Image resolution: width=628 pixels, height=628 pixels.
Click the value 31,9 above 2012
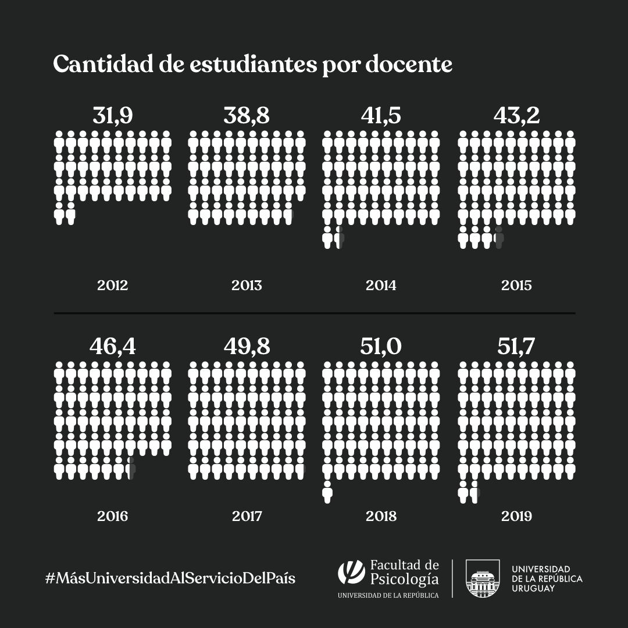tap(113, 115)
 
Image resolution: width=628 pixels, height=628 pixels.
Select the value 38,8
tap(247, 115)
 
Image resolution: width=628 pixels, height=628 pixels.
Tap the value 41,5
tap(381, 115)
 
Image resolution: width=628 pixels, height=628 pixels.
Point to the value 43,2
tap(516, 115)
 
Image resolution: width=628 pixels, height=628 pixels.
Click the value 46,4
tap(113, 346)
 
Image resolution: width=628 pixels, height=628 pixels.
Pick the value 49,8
tap(247, 346)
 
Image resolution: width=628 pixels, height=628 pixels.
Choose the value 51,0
tap(381, 346)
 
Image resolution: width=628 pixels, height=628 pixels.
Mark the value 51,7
tap(516, 346)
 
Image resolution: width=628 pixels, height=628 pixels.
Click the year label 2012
tap(113, 286)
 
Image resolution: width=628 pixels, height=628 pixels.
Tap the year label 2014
tap(381, 286)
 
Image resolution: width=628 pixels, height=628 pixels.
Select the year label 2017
tap(247, 516)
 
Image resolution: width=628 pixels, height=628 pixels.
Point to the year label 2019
tap(516, 516)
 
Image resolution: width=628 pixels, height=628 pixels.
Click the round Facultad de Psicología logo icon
tap(351, 572)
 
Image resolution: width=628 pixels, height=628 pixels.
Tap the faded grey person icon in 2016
tap(132, 469)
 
